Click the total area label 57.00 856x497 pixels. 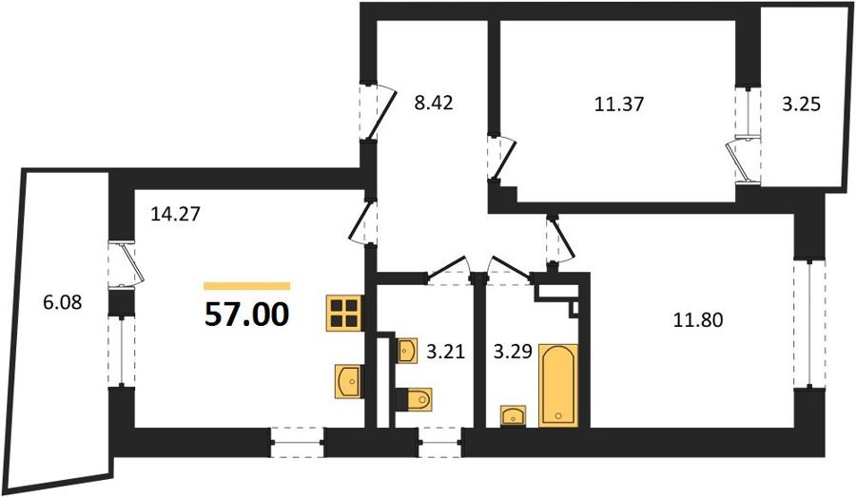click(x=246, y=315)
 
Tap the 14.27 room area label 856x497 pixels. click(x=175, y=214)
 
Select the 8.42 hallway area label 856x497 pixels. click(x=434, y=103)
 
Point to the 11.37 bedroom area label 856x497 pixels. click(x=619, y=104)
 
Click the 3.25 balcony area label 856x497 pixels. click(x=801, y=104)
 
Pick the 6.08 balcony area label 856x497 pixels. click(x=62, y=301)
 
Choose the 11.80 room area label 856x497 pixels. click(x=698, y=319)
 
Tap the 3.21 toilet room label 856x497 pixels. click(x=445, y=352)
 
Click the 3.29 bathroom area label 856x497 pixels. click(x=513, y=352)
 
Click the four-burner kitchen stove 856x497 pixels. click(x=344, y=313)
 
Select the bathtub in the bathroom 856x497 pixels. click(x=558, y=385)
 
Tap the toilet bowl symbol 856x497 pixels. click(x=415, y=399)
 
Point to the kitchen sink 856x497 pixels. click(x=348, y=381)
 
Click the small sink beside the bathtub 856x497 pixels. click(x=514, y=415)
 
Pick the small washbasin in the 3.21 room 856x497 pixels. click(x=407, y=351)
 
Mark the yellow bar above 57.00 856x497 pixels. click(x=246, y=285)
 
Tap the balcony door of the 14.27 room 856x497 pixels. click(x=126, y=264)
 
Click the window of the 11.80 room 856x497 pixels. click(x=808, y=324)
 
